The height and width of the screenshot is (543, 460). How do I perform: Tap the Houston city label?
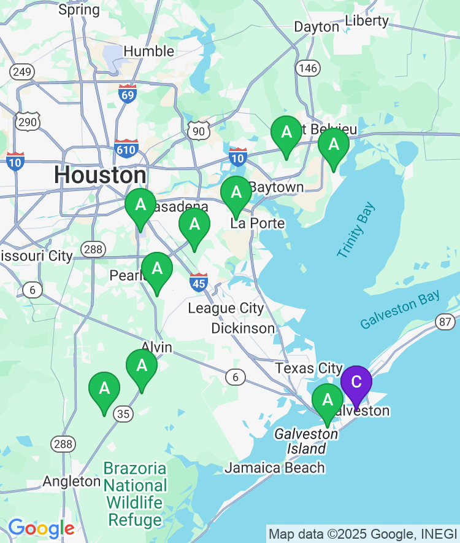click(x=100, y=175)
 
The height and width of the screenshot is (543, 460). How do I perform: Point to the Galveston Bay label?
click(x=400, y=311)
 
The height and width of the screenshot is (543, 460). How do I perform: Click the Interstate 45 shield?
click(x=199, y=282)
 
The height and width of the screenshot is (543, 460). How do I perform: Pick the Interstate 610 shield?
click(x=126, y=148)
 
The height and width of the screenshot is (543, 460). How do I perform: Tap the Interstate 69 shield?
click(x=128, y=94)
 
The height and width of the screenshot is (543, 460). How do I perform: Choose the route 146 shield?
click(x=307, y=68)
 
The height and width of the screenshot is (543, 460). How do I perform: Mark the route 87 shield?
click(x=445, y=322)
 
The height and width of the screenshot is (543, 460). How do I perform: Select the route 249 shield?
click(x=21, y=72)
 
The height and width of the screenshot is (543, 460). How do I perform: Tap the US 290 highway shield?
click(x=28, y=122)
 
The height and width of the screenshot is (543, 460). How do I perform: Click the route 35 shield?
click(x=123, y=414)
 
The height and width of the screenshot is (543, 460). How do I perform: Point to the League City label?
click(x=226, y=308)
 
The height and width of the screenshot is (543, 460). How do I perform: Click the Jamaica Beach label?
click(x=274, y=468)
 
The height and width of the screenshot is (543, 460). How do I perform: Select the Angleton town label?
click(x=72, y=481)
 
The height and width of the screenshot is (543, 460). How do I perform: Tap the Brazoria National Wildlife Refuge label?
click(x=135, y=494)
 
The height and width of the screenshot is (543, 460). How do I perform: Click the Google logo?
click(x=41, y=528)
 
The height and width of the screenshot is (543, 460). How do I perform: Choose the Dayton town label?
click(x=316, y=27)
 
